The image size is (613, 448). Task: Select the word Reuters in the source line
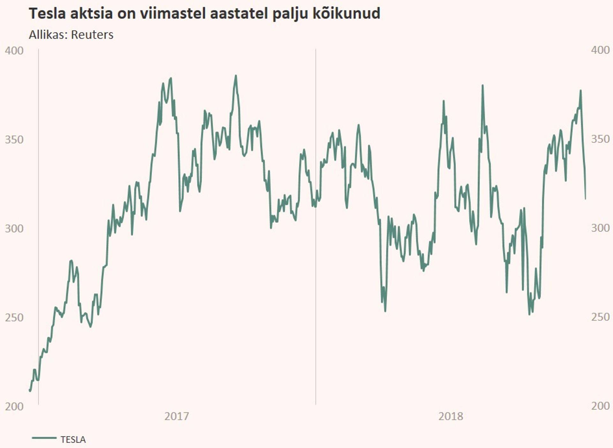pos(92,34)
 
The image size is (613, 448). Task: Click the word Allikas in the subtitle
pos(48,34)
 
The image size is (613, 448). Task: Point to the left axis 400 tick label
pos(14,50)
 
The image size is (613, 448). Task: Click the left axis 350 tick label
pos(14,140)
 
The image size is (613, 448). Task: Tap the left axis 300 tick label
pos(14,229)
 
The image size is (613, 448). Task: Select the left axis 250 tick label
pos(14,317)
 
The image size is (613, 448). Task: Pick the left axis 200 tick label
pos(14,406)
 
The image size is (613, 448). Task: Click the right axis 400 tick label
pos(600,50)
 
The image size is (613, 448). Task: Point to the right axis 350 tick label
pos(600,139)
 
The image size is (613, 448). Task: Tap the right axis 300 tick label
pos(600,228)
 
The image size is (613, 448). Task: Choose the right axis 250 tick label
pos(600,317)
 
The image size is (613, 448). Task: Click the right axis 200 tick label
pos(600,406)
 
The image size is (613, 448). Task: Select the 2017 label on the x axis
pos(177,416)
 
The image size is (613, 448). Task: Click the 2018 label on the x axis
pos(450,416)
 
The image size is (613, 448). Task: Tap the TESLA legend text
pos(73,440)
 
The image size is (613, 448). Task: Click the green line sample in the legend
pos(44,438)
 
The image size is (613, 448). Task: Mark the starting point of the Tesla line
pos(30,390)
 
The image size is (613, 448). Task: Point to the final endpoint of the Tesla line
pos(586,199)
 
